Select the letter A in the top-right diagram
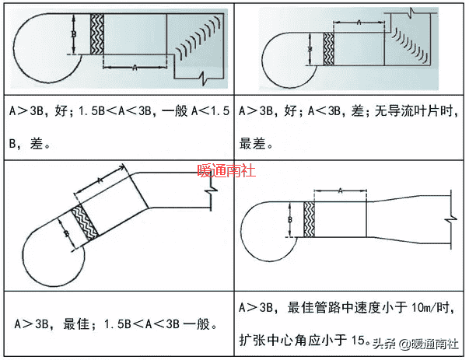[x=359, y=24]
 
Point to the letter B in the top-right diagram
[x=310, y=49]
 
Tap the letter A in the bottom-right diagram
[x=340, y=190]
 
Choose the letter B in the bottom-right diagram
[x=290, y=220]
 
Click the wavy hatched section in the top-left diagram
[x=97, y=35]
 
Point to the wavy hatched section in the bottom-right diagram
[x=309, y=220]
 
